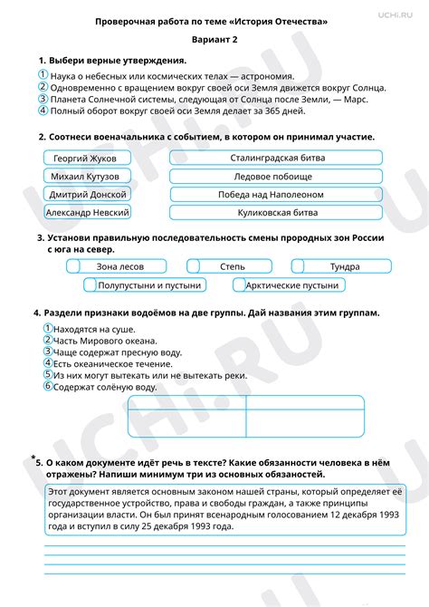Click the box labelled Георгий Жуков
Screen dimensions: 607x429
(87, 158)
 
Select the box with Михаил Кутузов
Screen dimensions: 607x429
(87, 176)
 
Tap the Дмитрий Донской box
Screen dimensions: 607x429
(87, 194)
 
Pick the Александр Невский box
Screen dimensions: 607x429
(87, 212)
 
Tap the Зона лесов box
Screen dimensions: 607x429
(120, 266)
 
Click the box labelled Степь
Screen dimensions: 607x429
(232, 266)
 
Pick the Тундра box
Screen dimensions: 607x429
(343, 266)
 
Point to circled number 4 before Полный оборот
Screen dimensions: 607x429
(43, 111)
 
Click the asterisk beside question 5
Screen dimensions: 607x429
(33, 458)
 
